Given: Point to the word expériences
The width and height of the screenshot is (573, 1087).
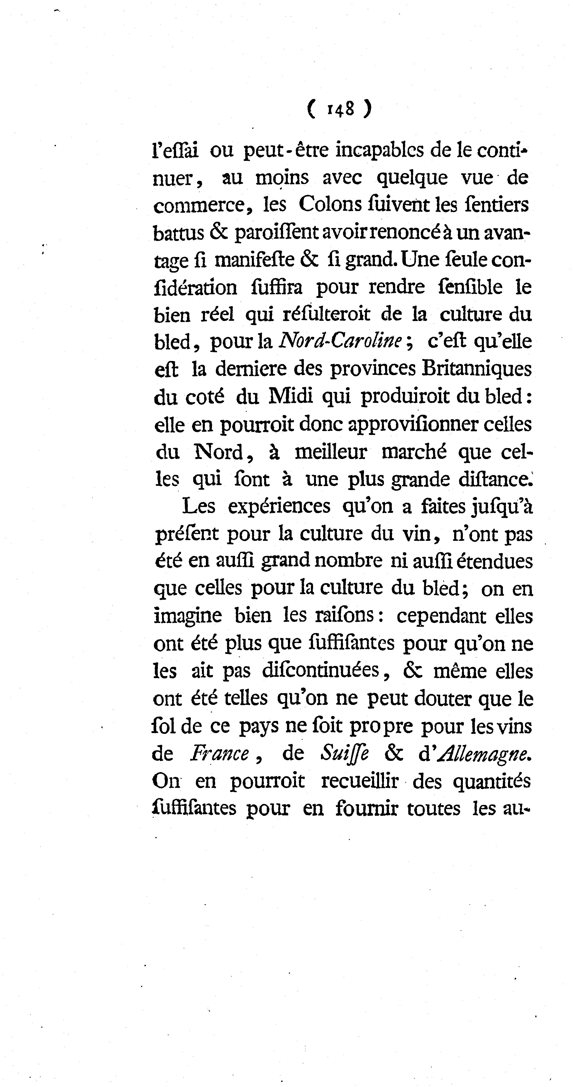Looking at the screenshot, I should point(279,506).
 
